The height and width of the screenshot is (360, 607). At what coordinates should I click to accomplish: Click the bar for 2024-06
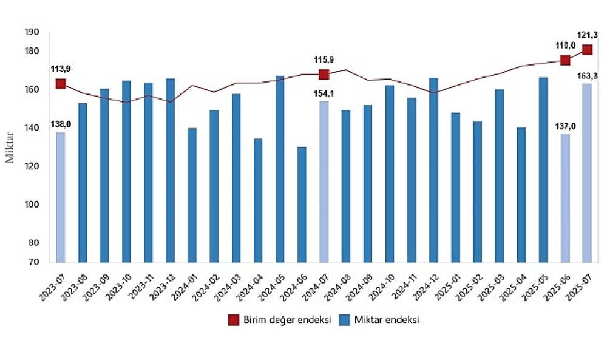click(x=302, y=205)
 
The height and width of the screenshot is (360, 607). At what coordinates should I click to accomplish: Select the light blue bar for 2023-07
click(x=61, y=197)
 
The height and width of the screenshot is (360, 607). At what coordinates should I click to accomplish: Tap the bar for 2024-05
click(x=280, y=169)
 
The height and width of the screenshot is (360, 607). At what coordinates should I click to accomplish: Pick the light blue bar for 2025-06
click(x=565, y=198)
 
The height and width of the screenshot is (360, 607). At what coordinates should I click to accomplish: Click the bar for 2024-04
click(x=258, y=200)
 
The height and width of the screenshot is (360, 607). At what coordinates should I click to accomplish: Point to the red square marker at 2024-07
click(x=324, y=74)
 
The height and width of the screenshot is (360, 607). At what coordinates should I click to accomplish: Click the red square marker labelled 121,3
click(x=587, y=49)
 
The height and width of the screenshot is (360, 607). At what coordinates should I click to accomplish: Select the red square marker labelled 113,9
click(x=61, y=84)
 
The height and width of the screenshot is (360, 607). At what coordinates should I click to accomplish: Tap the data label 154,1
click(x=324, y=93)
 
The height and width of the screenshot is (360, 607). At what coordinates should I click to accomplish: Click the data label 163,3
click(x=587, y=75)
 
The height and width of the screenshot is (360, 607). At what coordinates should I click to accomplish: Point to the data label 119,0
click(x=564, y=44)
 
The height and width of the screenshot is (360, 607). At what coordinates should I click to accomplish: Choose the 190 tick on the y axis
click(x=33, y=32)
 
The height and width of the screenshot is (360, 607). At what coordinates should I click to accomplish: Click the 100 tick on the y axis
click(x=33, y=205)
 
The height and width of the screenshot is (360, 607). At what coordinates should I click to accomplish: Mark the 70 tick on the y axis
click(x=35, y=262)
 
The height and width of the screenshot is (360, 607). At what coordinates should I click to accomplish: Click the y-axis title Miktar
click(x=10, y=146)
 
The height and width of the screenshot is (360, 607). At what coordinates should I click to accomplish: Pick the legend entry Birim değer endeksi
click(x=280, y=321)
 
